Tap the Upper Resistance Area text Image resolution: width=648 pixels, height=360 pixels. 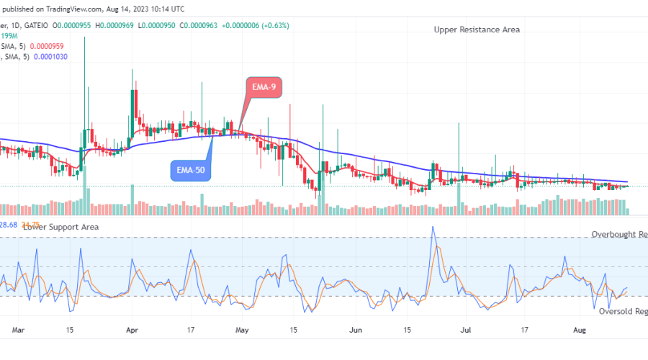click(x=477, y=30)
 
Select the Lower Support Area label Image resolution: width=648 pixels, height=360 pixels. click(x=60, y=227)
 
